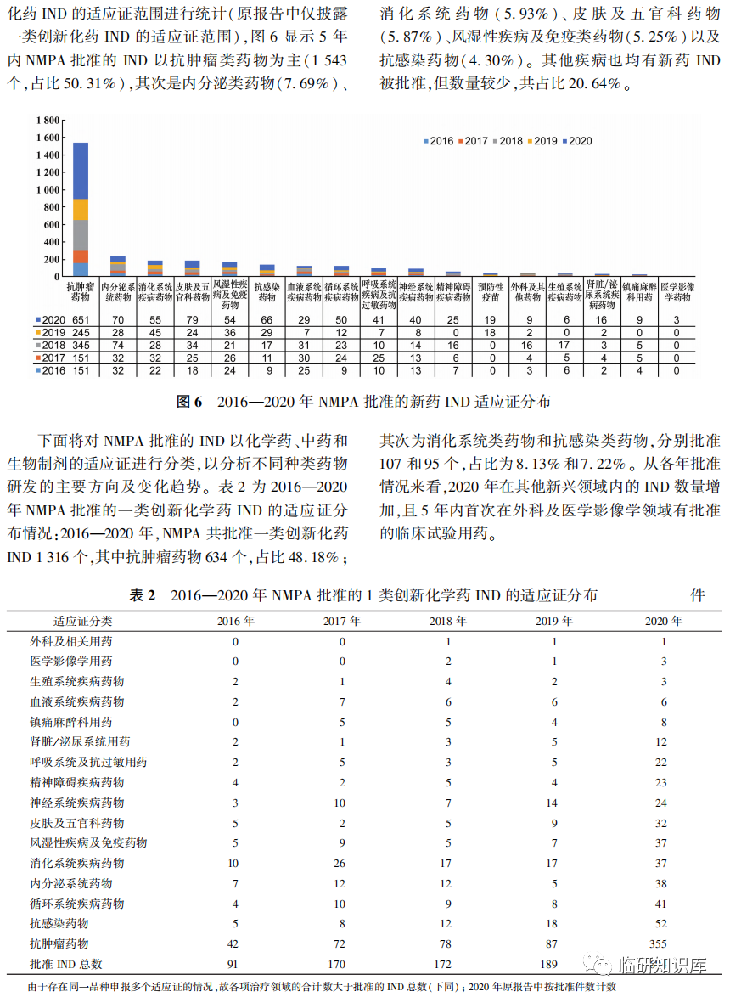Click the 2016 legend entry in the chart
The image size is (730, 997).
pos(438,141)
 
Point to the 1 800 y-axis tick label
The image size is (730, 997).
pos(48,120)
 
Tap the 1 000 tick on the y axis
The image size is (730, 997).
pos(48,190)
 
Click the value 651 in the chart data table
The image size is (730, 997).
pos(81,318)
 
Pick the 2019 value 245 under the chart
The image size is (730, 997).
pos(81,332)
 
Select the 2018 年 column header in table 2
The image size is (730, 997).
pos(447,621)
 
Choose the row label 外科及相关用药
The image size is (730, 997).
pos(70,641)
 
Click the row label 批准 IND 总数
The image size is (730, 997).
pos(65,964)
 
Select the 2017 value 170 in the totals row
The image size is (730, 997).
pos(341,964)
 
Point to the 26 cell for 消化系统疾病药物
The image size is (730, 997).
pos(341,863)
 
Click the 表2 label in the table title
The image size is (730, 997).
pos(143,595)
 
